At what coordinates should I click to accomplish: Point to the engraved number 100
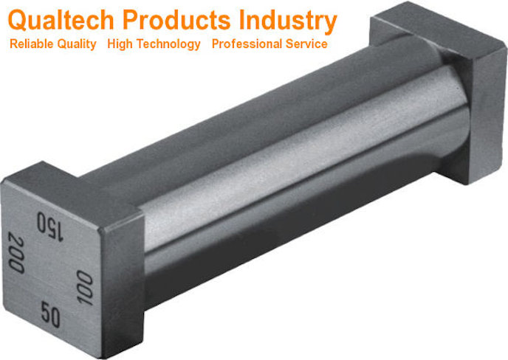point(83,286)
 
